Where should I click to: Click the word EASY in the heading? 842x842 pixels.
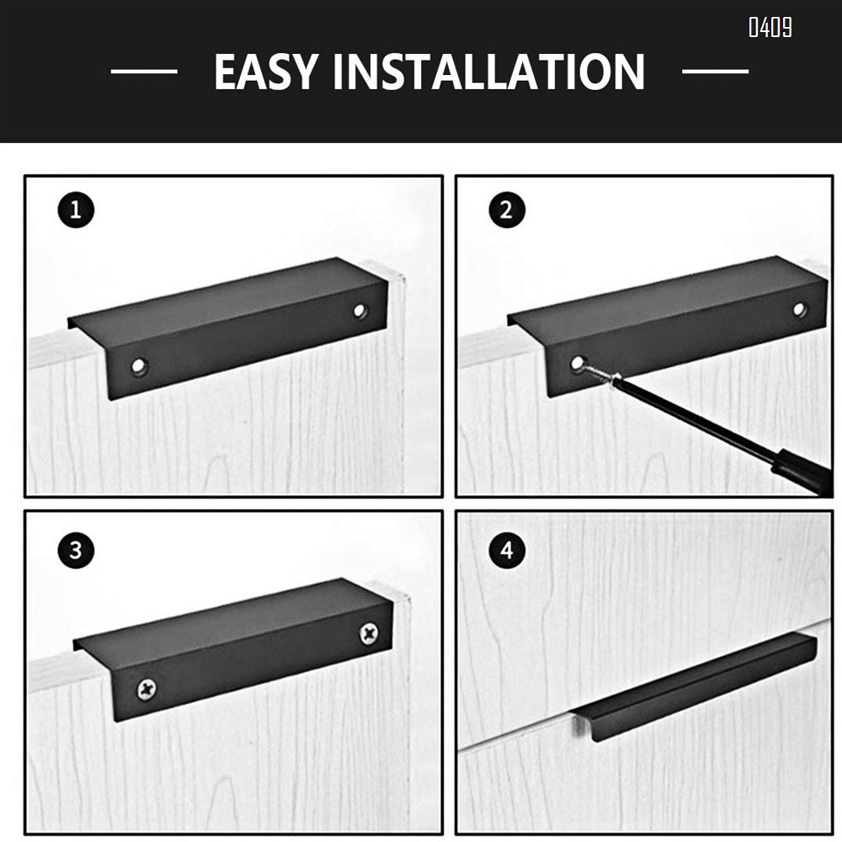(266, 72)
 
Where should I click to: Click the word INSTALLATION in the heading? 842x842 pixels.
(488, 72)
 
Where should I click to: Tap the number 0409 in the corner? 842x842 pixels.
(770, 28)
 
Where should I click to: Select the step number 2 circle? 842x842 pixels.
(506, 210)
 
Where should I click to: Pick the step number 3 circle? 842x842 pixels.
(77, 552)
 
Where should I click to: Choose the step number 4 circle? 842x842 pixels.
(506, 552)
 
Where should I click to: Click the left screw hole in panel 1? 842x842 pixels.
(138, 366)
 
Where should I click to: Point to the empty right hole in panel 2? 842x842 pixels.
(799, 309)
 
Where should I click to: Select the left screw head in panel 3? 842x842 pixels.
(146, 690)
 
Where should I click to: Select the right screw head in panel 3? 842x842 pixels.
(369, 633)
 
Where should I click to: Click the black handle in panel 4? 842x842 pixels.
(699, 686)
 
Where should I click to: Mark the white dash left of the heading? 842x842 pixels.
(144, 72)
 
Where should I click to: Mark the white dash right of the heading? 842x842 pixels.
(715, 72)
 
